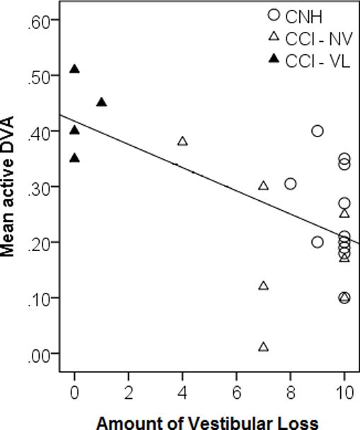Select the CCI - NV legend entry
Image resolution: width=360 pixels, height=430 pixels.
click(314, 37)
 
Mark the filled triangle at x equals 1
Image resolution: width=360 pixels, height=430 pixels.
click(101, 103)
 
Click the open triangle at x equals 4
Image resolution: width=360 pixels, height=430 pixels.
click(182, 141)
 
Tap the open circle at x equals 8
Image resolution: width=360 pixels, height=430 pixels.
click(290, 184)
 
